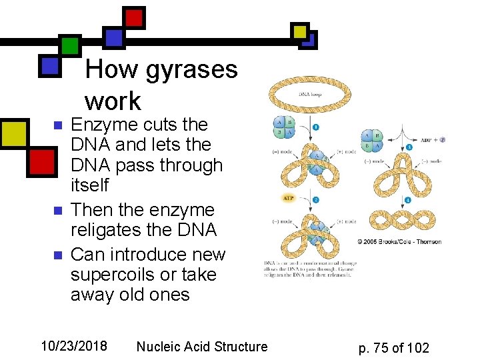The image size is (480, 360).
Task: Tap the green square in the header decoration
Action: coord(69,45)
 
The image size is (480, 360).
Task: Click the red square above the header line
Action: coord(134,17)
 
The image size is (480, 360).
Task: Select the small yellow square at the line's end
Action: coord(300,31)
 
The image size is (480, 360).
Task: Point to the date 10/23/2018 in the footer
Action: coord(74,346)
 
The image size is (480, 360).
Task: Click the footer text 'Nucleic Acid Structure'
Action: coord(201,346)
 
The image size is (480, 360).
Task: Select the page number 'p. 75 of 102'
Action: coord(393,347)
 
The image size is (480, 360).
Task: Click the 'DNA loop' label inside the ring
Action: coord(310,95)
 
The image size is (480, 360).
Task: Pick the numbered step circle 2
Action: coord(315,199)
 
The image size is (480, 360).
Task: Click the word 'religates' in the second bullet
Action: coord(109,230)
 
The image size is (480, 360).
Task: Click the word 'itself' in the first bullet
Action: coord(89,185)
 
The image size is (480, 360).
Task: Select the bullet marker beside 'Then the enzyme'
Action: coord(57,211)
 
